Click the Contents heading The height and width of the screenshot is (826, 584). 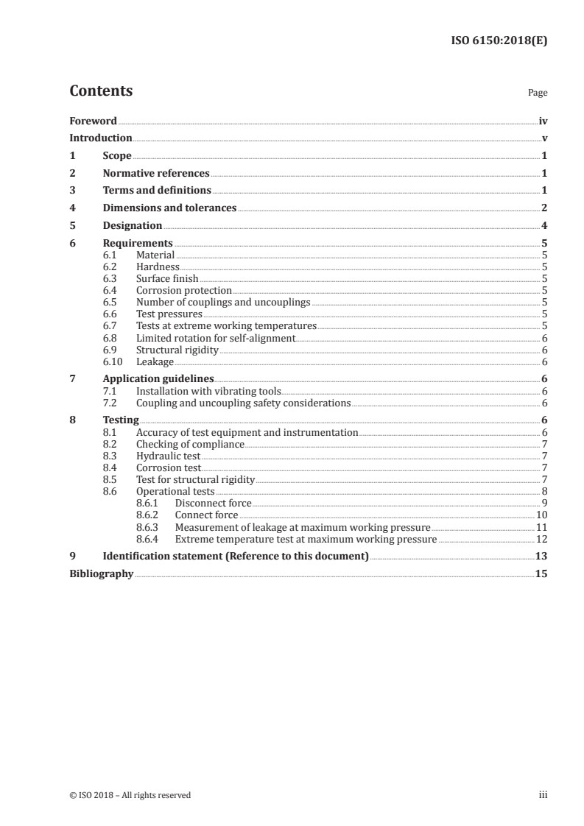(x=101, y=91)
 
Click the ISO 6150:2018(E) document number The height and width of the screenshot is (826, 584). (x=499, y=41)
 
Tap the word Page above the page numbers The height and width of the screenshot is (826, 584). (x=538, y=93)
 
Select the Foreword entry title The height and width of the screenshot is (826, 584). (x=93, y=121)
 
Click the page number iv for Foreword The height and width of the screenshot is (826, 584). (x=543, y=121)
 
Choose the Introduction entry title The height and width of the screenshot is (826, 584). (x=101, y=138)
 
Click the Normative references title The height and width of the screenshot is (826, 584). (x=156, y=174)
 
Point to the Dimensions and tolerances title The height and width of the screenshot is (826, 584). (x=169, y=208)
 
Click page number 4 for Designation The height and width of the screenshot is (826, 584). (x=544, y=225)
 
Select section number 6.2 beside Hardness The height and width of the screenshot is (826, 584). (x=110, y=267)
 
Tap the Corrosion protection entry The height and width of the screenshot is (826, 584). (x=184, y=291)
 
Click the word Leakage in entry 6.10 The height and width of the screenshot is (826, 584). (x=155, y=361)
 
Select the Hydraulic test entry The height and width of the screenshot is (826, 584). (x=168, y=456)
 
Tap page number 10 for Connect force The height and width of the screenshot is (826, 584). (x=541, y=515)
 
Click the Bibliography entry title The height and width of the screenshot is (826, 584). (x=101, y=574)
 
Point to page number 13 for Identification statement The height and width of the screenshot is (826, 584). (x=541, y=557)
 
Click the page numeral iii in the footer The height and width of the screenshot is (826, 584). (x=543, y=795)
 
